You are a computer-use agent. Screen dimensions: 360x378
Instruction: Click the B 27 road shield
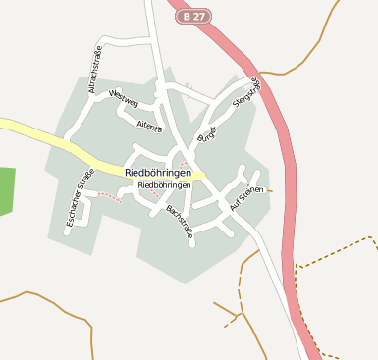192,16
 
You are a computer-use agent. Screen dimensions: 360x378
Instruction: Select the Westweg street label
126,99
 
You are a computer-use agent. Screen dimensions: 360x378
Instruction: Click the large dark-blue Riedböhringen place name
164,172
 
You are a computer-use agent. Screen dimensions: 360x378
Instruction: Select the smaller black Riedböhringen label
164,184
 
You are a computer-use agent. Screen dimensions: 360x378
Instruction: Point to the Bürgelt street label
206,134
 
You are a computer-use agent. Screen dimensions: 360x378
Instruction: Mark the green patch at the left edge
7,190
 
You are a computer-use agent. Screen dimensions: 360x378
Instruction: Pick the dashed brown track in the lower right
334,252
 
